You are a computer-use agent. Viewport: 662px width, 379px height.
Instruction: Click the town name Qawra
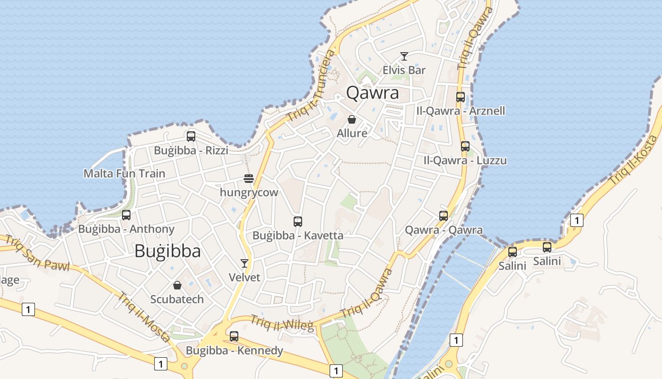373,93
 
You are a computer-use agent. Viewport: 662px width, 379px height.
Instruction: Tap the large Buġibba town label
167,251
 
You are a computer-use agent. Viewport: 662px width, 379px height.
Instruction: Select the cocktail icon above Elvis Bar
404,56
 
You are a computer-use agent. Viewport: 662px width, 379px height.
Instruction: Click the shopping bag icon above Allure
352,119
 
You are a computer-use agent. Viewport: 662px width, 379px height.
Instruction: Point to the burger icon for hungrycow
249,179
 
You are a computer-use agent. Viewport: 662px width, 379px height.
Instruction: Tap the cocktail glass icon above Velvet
244,263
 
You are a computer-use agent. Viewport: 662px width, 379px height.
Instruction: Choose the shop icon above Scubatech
177,285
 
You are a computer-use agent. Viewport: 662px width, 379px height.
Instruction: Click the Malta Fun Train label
124,173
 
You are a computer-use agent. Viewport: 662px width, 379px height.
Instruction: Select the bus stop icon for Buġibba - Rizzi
191,136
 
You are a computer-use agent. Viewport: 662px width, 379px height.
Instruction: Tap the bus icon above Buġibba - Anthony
126,215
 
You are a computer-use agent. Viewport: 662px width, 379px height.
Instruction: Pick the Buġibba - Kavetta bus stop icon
298,221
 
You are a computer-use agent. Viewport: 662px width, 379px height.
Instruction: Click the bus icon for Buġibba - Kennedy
234,336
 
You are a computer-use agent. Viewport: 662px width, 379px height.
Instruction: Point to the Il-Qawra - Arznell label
461,111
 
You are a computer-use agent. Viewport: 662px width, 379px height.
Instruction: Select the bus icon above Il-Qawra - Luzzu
465,146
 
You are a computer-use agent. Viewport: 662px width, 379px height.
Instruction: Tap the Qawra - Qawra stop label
444,230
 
